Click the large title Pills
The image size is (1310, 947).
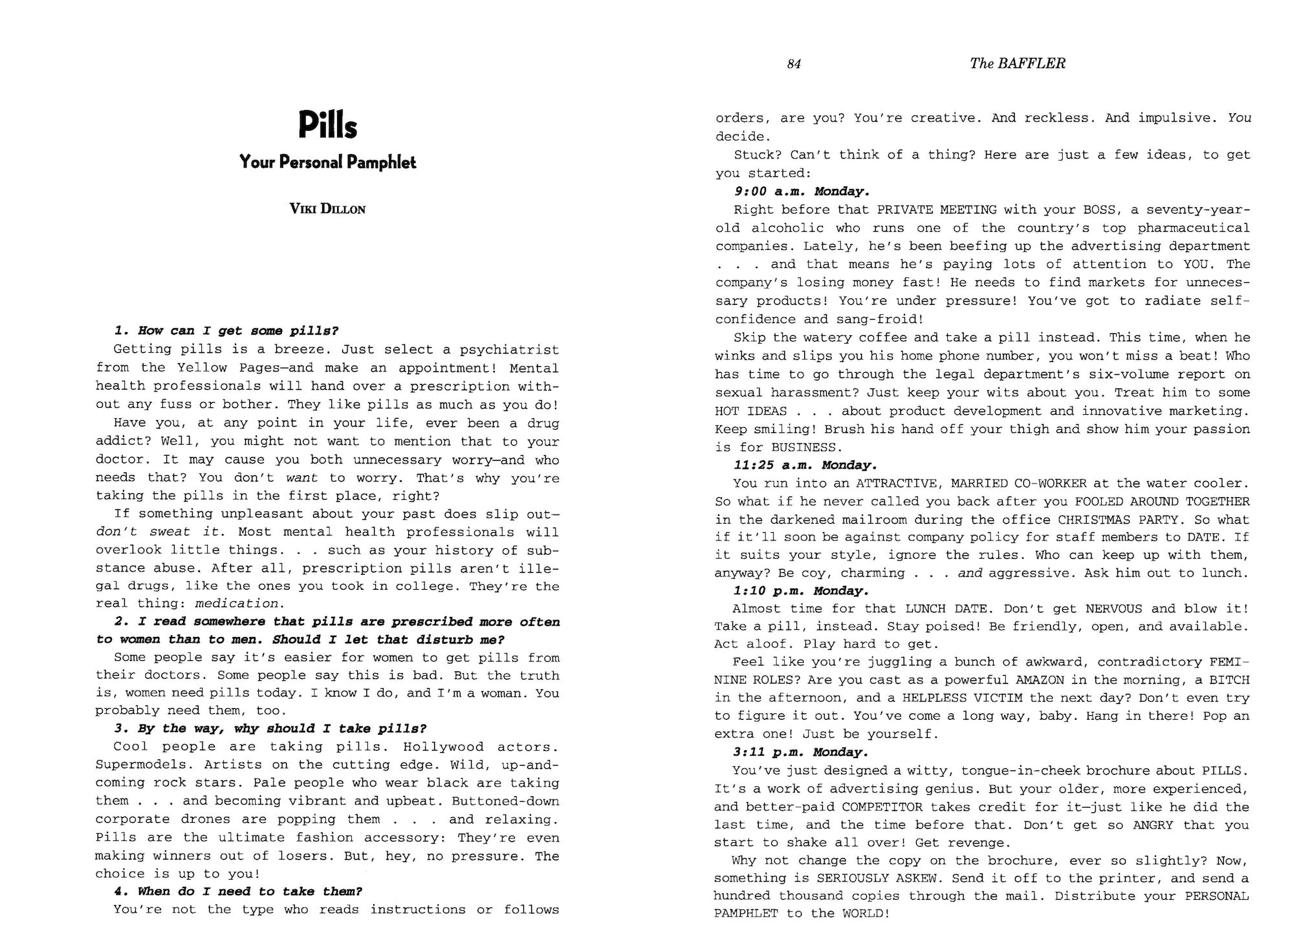327,125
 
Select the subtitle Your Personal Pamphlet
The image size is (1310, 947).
327,162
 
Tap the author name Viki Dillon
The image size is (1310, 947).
327,209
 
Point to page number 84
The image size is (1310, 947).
794,63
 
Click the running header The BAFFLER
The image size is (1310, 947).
1018,63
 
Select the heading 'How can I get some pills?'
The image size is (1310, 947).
226,331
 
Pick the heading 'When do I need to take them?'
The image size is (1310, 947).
238,891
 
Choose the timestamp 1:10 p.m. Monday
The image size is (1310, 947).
801,591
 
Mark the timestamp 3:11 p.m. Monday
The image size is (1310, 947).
801,752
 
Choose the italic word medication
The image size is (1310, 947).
237,603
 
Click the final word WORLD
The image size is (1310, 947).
864,913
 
